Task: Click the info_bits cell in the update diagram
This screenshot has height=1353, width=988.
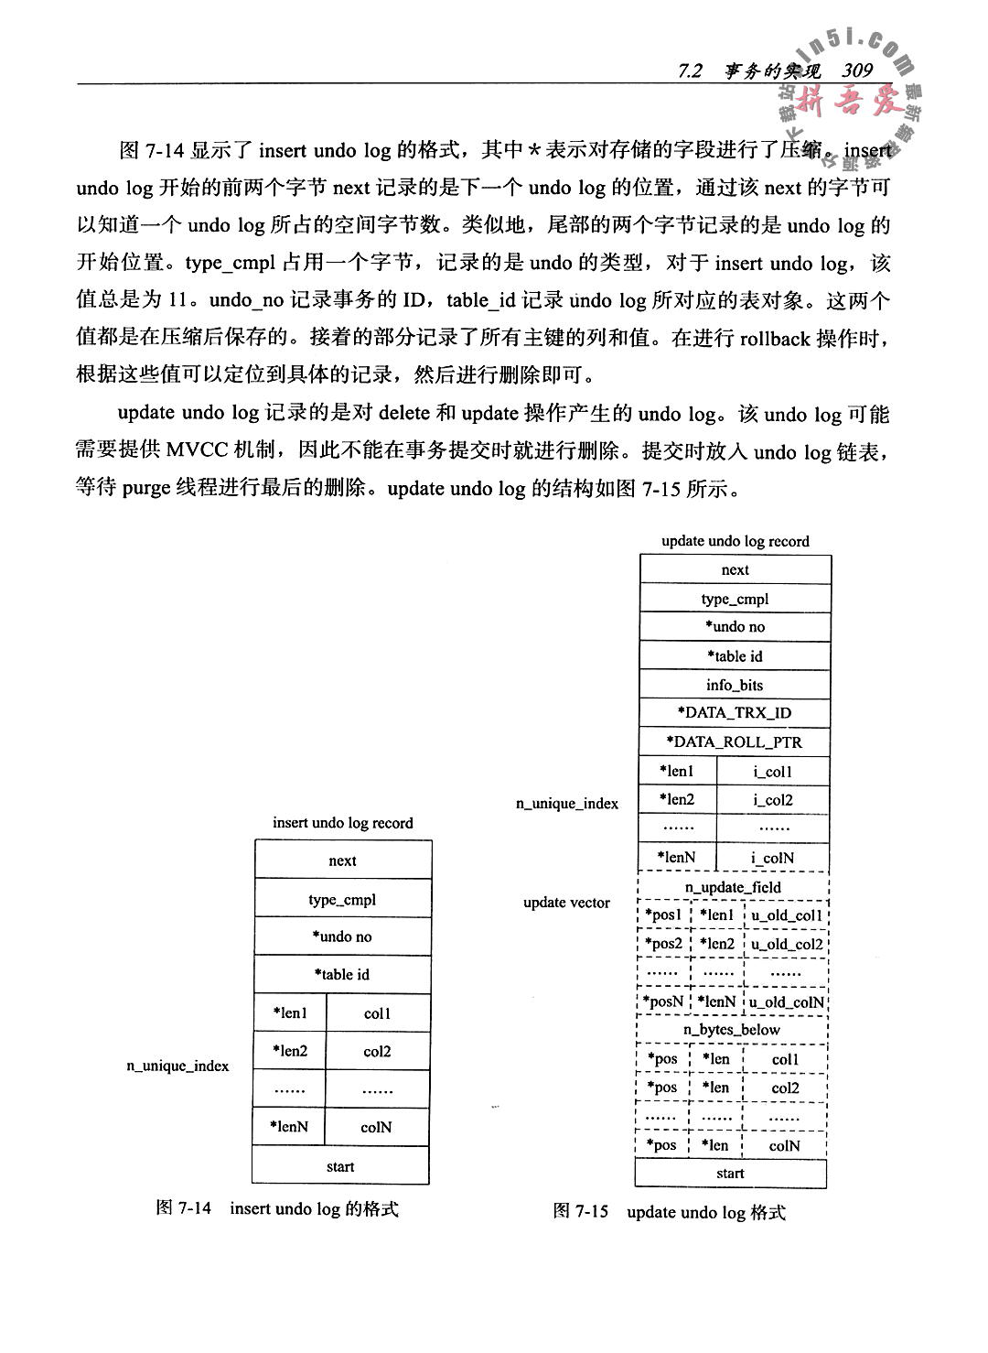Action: (735, 685)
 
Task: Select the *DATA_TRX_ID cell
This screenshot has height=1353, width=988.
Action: (735, 713)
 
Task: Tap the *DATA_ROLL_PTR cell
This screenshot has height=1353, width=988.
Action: (735, 742)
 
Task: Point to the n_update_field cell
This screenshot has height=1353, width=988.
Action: (733, 887)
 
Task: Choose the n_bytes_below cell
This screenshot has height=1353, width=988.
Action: (732, 1030)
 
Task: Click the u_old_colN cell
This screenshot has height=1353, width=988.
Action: (787, 1001)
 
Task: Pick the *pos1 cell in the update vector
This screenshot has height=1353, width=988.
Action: (663, 915)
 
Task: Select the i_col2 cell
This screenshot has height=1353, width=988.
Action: (773, 799)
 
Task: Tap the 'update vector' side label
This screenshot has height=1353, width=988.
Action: (566, 903)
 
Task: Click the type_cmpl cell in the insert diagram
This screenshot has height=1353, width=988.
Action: (342, 900)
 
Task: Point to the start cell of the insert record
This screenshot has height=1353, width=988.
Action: (340, 1166)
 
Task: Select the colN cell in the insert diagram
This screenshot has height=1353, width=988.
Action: (377, 1128)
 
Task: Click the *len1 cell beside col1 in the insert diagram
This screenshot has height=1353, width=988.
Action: (290, 1013)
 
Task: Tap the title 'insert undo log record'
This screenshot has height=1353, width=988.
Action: (343, 823)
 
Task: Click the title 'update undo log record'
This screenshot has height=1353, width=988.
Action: (736, 541)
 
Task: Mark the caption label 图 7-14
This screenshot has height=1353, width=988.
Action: (184, 1208)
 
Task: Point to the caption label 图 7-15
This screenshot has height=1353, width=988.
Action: (581, 1212)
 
